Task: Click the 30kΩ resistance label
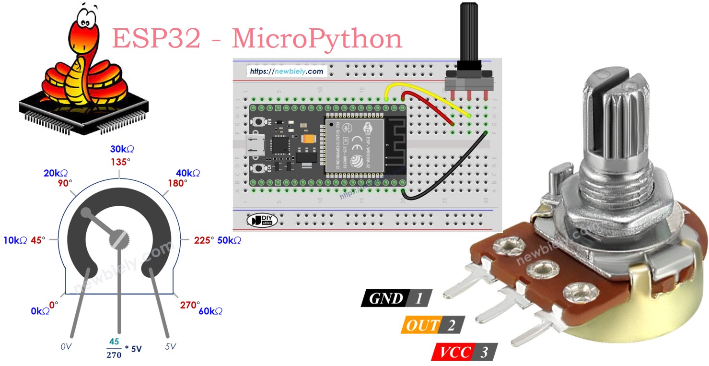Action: pyautogui.click(x=122, y=150)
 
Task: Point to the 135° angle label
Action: pyautogui.click(x=120, y=162)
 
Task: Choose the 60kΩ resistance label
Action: pyautogui.click(x=210, y=311)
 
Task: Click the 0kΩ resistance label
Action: pyautogui.click(x=40, y=311)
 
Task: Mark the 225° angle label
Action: pyautogui.click(x=204, y=240)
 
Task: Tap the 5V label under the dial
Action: pyautogui.click(x=171, y=345)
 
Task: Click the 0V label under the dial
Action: pyautogui.click(x=67, y=345)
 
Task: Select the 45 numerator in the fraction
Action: pyautogui.click(x=114, y=342)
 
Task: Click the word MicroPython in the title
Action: pyautogui.click(x=317, y=38)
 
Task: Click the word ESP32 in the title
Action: pyautogui.click(x=156, y=38)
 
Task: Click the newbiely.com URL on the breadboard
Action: pyautogui.click(x=287, y=71)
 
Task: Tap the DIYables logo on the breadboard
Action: pyautogui.click(x=258, y=220)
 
